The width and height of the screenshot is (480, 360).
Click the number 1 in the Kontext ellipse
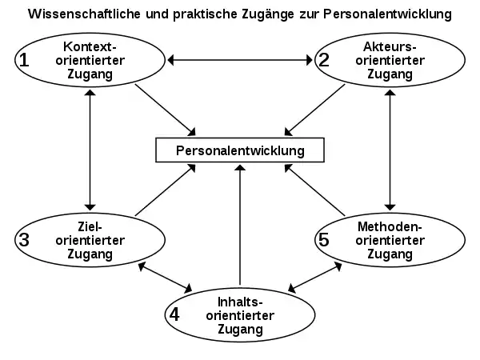[x=24, y=60]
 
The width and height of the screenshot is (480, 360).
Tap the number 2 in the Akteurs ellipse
[x=324, y=60]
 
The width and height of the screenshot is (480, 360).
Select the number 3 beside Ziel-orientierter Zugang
[x=24, y=240]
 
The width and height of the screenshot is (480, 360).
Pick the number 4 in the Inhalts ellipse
[x=174, y=314]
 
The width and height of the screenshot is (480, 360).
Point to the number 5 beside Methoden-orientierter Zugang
[x=324, y=240]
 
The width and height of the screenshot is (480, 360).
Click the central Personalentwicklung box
[x=240, y=150]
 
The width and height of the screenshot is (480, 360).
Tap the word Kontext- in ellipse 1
[x=90, y=47]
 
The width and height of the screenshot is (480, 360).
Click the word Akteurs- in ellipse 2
[x=390, y=47]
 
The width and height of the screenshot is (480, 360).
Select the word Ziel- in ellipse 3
[x=90, y=227]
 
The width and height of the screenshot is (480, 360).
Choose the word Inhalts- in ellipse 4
[x=240, y=302]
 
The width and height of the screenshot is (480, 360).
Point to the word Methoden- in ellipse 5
[x=390, y=227]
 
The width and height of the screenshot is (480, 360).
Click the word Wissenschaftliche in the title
[x=84, y=14]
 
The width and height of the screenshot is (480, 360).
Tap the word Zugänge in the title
[x=268, y=14]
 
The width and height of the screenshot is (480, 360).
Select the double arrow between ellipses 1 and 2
[x=240, y=60]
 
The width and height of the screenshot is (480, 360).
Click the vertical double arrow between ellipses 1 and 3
[x=90, y=150]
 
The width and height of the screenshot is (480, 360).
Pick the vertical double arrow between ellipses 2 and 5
[x=390, y=150]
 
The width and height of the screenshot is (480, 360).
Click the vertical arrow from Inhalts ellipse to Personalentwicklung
[x=240, y=225]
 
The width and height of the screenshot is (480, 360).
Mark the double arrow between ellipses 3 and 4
[x=165, y=278]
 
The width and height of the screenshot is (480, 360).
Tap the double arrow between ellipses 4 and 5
[x=315, y=278]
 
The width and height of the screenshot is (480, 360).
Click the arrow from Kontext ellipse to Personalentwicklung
[x=166, y=110]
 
